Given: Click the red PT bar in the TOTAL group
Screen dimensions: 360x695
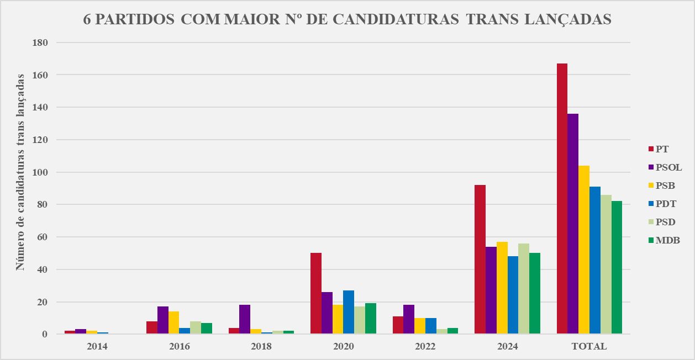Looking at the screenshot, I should point(562,199).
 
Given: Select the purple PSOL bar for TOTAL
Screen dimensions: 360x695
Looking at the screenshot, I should point(573,224).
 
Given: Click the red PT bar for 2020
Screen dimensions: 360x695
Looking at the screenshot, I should point(316,293).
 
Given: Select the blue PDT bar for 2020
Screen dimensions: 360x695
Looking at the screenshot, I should point(349,312).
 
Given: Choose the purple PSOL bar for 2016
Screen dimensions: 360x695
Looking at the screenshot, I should point(162,320).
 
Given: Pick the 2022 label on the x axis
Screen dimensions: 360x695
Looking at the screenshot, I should point(425,347).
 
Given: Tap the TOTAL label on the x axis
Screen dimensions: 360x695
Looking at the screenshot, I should point(589,347).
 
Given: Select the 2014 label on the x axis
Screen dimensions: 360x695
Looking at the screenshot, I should point(97,347).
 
